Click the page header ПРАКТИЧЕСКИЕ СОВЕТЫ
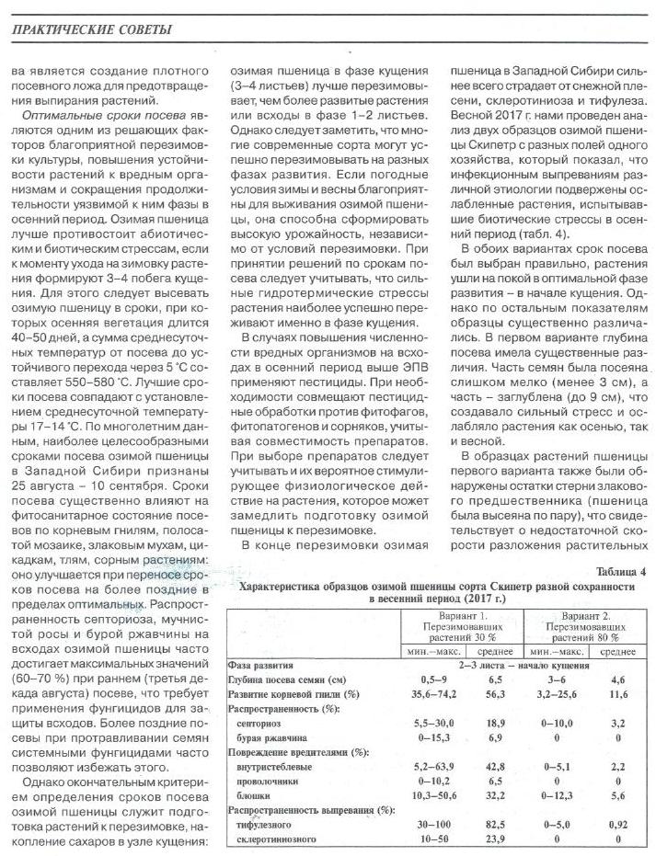[x=90, y=31]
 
